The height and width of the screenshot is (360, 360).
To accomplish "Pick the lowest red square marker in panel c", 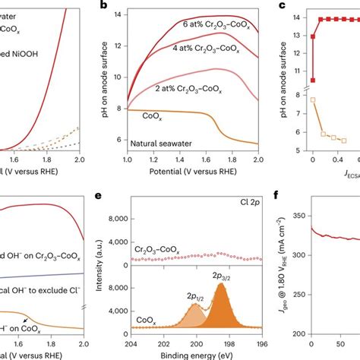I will (x=312, y=79).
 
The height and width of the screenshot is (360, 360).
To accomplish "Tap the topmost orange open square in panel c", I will (x=312, y=99).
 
